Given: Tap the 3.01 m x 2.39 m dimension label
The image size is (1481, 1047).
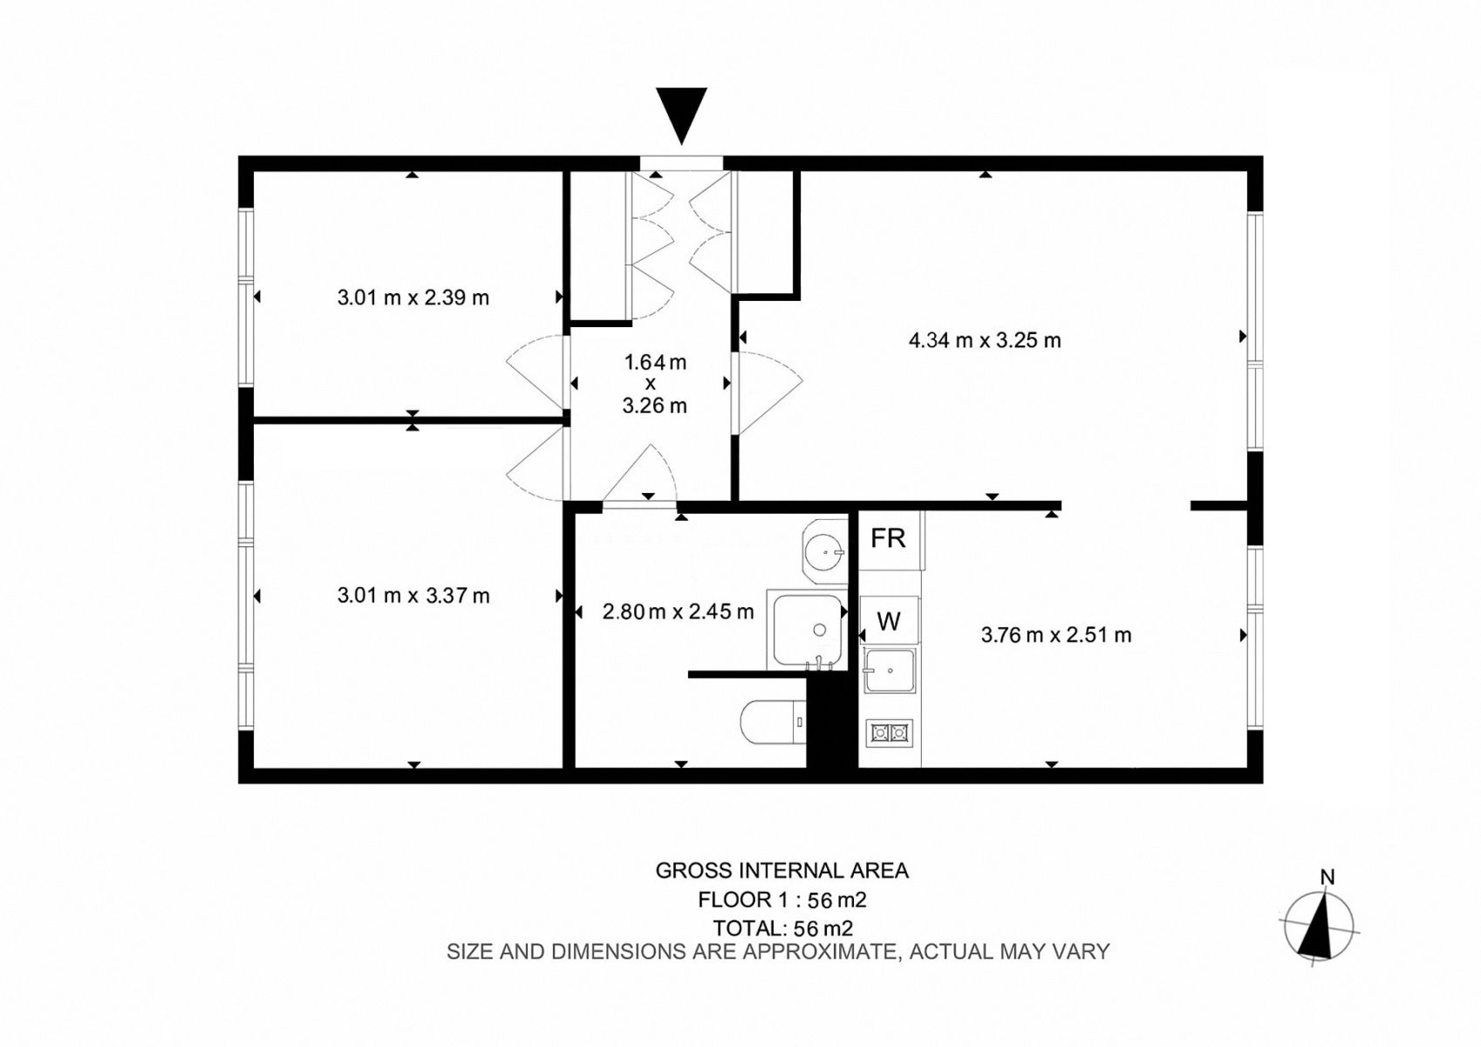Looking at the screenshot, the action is coord(413,298).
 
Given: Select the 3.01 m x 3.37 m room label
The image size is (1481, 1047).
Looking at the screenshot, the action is coord(413,596).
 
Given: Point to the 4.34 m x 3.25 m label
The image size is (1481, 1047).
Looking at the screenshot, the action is coord(985,340).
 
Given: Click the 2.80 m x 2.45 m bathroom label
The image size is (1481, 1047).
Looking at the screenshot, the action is coord(678,612).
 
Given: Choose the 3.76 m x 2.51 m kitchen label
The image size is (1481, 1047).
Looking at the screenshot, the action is coord(1056,635).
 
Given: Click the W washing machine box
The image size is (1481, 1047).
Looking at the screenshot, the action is coord(889,620).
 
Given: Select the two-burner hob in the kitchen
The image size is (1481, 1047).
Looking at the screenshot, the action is coord(890,733).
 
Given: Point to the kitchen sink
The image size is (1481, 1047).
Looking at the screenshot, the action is coord(890,671).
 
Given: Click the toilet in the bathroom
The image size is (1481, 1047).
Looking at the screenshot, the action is coord(773,722).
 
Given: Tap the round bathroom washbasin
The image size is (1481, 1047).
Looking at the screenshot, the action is coord(824,551).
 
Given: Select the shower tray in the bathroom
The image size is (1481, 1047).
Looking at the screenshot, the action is coord(807,630).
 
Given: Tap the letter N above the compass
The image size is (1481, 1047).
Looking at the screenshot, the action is coord(1327,877).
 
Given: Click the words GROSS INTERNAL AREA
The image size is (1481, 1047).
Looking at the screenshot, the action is coord(782,871).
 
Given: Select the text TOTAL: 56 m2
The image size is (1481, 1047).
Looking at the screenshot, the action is coord(783,928).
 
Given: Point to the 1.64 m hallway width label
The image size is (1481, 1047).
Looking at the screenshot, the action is coord(655,362).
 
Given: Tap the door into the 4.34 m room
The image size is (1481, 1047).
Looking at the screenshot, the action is coord(768,393).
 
